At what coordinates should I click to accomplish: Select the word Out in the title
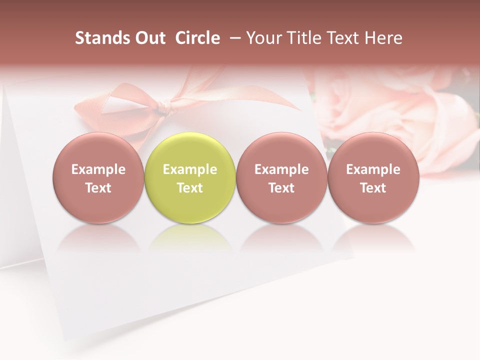[149, 38]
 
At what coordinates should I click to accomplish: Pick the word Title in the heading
[300, 38]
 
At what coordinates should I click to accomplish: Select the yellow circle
[190, 177]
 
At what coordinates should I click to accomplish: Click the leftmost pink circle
[98, 177]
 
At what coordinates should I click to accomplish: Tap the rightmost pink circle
[373, 177]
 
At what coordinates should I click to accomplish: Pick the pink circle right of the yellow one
[281, 177]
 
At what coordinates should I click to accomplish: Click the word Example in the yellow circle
[190, 169]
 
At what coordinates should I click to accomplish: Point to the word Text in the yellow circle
[190, 188]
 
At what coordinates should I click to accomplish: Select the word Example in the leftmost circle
[98, 169]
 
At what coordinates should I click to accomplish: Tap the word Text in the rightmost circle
[373, 188]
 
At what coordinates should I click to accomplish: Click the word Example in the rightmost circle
[373, 169]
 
